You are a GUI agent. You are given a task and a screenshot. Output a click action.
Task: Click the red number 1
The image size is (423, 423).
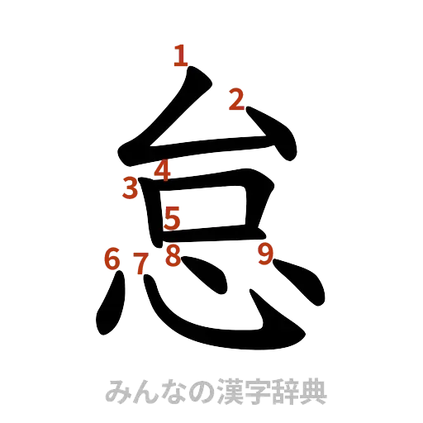[x=181, y=57]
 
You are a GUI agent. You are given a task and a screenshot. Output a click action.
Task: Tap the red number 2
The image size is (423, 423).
[x=237, y=101]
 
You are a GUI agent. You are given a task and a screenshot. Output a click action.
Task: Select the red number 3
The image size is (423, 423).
[x=130, y=188]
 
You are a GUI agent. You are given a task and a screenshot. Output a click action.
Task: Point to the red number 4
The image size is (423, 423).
[x=162, y=171]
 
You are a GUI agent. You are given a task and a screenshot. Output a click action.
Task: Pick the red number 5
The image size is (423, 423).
[x=173, y=219]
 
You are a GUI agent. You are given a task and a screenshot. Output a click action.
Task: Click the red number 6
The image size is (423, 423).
[x=112, y=259]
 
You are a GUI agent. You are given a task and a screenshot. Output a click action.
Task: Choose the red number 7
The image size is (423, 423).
[x=141, y=264]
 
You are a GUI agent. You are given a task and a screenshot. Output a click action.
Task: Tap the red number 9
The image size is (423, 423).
[x=265, y=255]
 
